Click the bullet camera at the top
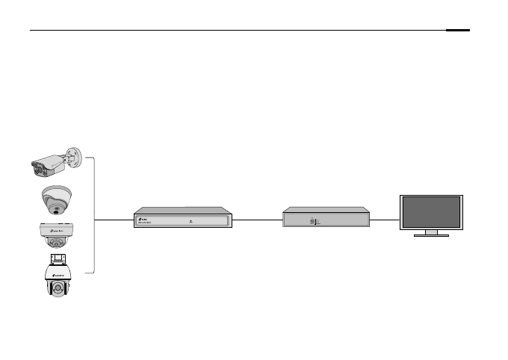point(52,164)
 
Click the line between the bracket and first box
point(114,220)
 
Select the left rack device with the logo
point(183,218)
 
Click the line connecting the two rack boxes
point(257,220)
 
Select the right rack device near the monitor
point(326,218)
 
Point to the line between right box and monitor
point(385,220)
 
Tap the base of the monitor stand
point(431,235)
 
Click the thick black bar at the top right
point(459,31)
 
